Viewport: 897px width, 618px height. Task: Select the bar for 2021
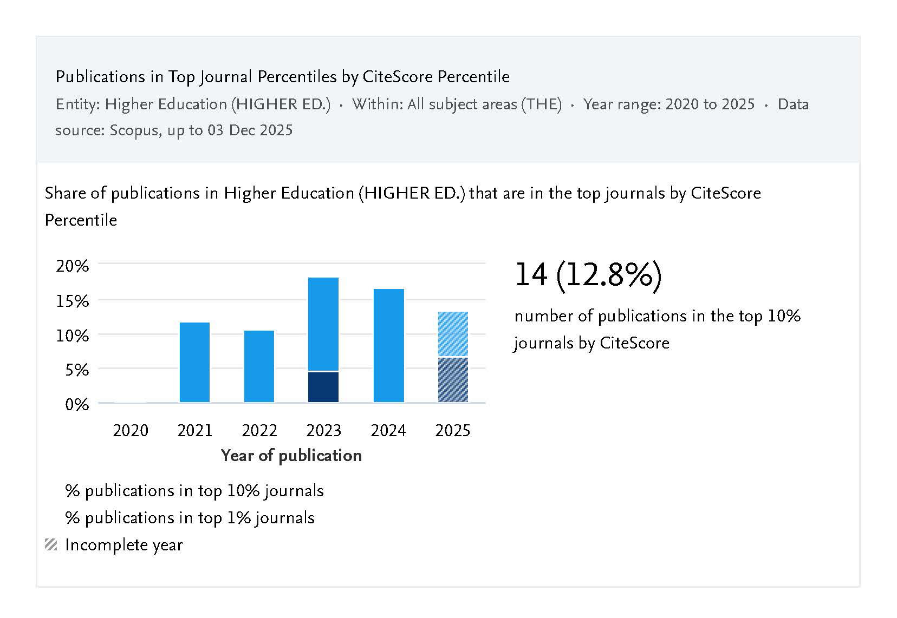point(194,362)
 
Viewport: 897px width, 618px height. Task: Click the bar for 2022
point(259,366)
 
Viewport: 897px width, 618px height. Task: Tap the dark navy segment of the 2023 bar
point(323,387)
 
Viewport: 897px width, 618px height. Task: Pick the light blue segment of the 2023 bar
point(323,324)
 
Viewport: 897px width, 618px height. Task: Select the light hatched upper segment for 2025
point(453,334)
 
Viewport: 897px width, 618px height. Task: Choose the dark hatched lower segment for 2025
point(453,379)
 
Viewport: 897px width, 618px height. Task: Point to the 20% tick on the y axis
point(72,266)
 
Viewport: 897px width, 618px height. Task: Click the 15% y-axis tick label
point(72,301)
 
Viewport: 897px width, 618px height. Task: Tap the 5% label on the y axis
point(76,370)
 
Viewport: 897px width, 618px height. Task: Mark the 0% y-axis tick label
point(76,405)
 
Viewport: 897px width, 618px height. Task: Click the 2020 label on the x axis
point(130,431)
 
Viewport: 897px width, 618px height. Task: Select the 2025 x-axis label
point(453,431)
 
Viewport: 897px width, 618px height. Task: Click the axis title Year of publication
point(291,456)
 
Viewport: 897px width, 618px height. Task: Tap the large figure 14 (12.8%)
point(588,275)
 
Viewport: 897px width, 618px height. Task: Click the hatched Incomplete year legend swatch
point(51,545)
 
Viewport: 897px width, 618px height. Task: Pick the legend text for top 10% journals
point(194,491)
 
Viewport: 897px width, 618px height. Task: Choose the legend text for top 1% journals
point(190,518)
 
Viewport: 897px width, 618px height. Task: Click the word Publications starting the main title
point(93,77)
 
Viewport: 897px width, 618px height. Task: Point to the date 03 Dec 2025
point(250,130)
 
